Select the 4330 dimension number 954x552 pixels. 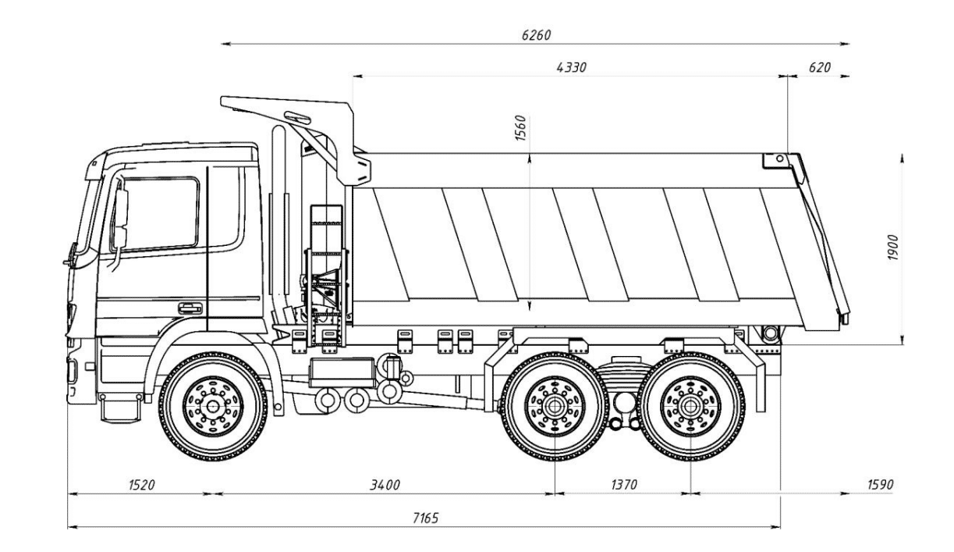[x=571, y=68]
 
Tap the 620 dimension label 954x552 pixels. [x=819, y=68]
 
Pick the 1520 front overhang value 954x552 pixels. [x=141, y=485]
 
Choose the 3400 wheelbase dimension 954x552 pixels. [x=384, y=485]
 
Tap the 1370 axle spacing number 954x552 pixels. [x=623, y=485]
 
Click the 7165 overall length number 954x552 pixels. [x=425, y=518]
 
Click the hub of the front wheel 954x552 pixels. [x=212, y=406]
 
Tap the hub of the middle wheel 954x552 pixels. [x=554, y=406]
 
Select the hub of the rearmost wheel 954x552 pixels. [x=690, y=406]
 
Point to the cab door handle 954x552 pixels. [x=189, y=308]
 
